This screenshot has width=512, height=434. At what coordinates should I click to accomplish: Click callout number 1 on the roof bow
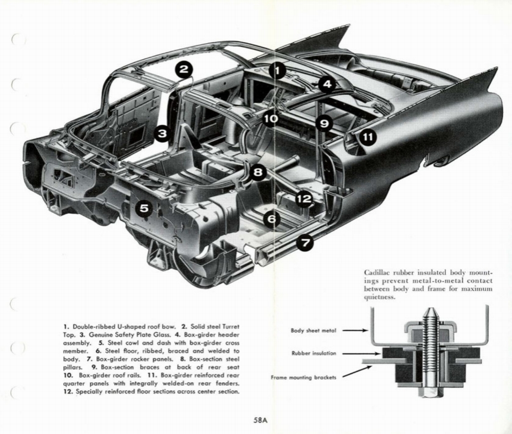coord(277,70)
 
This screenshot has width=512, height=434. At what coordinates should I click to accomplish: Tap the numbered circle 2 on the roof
coord(184,70)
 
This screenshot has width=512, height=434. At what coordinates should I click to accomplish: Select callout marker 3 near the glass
coord(162,133)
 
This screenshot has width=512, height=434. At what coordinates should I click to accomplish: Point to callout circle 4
coord(326,84)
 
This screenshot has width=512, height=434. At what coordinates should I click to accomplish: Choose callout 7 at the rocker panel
coord(305,243)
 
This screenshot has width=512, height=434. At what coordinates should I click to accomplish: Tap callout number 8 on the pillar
coord(257,173)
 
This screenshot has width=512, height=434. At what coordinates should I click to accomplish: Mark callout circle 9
coord(324,123)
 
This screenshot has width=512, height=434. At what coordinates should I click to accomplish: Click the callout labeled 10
coord(270,119)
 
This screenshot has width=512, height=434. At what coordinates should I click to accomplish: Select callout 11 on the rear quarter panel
coord(367,137)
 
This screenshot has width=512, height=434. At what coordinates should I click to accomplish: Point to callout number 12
coord(303,199)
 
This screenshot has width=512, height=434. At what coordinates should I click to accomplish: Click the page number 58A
coord(260,420)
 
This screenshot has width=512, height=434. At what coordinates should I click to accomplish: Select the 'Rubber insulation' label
coord(313,353)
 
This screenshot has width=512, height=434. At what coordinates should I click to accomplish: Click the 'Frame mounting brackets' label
coord(303,377)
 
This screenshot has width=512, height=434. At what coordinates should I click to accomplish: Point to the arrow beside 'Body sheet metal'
coord(355,330)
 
